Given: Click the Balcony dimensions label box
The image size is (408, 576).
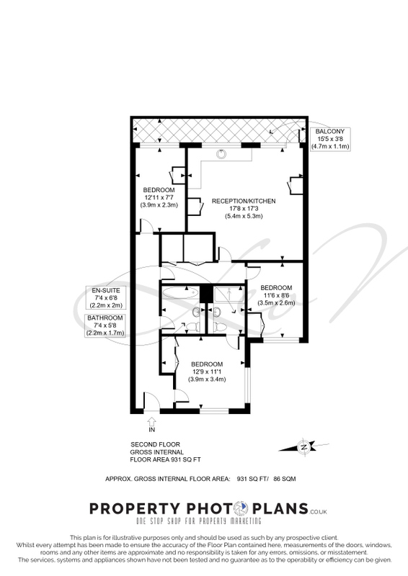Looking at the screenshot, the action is pos(330,139).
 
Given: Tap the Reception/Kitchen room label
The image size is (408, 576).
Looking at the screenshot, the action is pos(244,208).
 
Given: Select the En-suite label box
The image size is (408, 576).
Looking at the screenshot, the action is pos(105,297).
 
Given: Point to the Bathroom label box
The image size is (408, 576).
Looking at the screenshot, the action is pos(105,325).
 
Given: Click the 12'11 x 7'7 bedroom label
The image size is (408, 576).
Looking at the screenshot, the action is pos(159,197).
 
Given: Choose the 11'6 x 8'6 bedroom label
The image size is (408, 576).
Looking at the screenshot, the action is pos(276,295).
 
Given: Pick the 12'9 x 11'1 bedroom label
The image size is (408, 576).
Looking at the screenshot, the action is pos(207,372).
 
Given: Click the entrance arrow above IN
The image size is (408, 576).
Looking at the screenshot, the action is pos(151,421).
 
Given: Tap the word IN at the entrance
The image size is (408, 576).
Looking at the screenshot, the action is pos(151,429).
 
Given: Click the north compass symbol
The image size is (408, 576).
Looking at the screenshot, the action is pos(304,446).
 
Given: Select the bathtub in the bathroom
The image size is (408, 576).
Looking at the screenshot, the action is pos(180,293).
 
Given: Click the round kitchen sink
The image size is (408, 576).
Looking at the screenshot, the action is pos(221,153).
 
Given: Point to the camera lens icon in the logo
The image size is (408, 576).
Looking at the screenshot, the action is pos(241,508).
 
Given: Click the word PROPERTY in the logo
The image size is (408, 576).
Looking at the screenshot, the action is pos(135,509).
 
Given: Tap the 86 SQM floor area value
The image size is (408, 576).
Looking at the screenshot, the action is pos(285,479).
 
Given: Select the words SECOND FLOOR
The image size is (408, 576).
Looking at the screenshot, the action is pos(155,444).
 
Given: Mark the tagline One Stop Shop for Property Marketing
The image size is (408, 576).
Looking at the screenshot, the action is pos(199,521).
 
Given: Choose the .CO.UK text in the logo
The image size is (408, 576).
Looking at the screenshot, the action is pos(318,511).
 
